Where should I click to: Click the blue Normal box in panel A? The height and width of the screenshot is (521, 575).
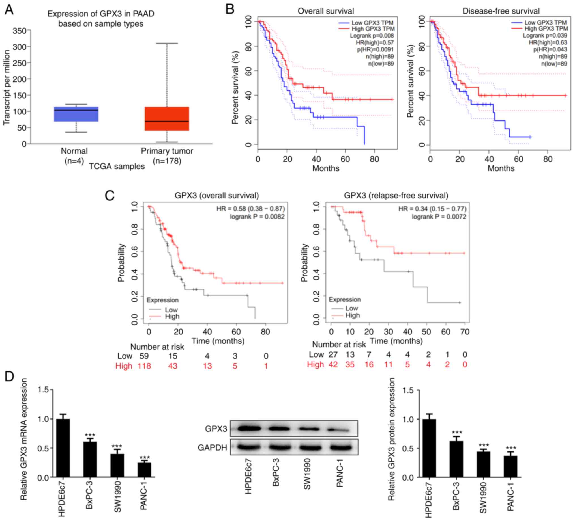coord(76,114)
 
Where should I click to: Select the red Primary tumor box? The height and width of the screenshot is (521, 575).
coord(167,118)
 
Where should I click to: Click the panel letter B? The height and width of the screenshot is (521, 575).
coord(230,9)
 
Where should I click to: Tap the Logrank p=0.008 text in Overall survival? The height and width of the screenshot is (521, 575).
coord(372,36)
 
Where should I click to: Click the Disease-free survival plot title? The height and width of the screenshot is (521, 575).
coord(501,11)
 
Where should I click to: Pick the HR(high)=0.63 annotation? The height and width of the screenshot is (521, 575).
coord(548,42)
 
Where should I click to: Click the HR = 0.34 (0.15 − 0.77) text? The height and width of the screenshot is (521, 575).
coord(432,209)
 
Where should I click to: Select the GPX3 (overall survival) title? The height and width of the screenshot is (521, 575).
coord(217,196)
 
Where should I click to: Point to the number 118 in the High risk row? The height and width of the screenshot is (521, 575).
coord(144,366)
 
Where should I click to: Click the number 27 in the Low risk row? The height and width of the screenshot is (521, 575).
coord(333,354)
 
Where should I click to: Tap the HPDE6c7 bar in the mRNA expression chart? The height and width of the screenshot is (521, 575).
coord(63,448)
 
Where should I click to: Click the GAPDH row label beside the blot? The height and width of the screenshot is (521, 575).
coord(213,448)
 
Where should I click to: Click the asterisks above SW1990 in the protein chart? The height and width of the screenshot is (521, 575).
coord(484,445)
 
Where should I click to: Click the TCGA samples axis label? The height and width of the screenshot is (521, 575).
coord(117,166)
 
